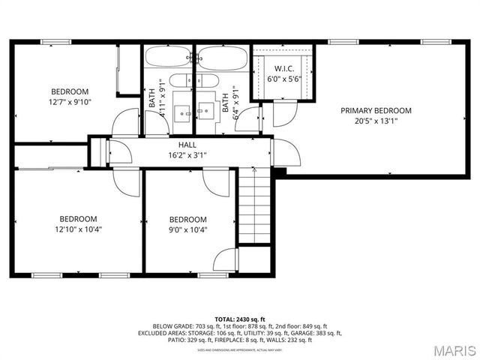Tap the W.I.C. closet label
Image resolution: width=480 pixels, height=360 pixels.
coord(284,67)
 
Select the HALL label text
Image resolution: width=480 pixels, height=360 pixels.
coord(187,145)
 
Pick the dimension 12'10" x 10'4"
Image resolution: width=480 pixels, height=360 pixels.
coord(79,229)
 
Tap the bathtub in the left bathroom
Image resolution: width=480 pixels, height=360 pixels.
coord(168,57)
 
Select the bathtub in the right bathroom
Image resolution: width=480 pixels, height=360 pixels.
coord(222,57)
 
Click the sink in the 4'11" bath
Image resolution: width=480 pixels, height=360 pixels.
coord(182,113)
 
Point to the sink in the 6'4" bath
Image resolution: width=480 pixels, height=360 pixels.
coord(205,113)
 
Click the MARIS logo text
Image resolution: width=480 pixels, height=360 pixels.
coord(449,350)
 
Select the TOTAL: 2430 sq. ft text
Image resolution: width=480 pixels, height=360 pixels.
coord(240,319)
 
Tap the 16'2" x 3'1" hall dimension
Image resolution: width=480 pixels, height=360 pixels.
coord(187,155)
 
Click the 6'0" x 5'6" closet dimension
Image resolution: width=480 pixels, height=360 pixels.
coord(284,78)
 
